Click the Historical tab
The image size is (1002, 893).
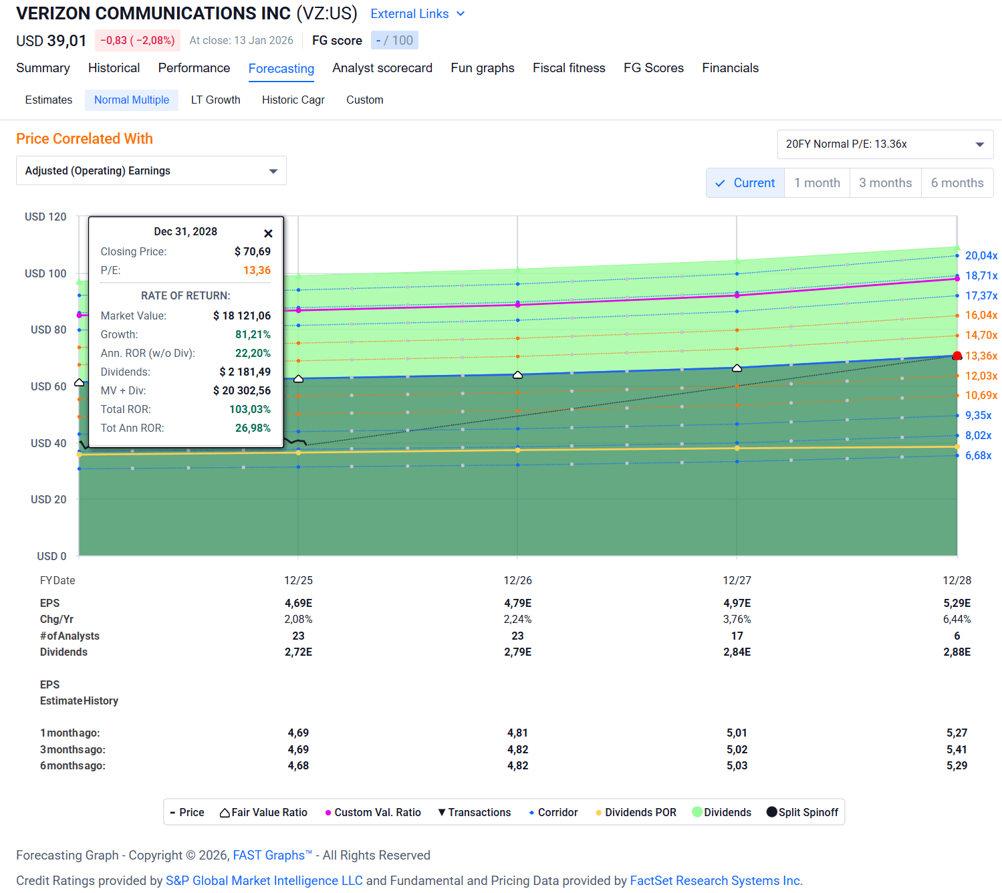pos(114,68)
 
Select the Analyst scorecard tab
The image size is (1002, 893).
pos(382,68)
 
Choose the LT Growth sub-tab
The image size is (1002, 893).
pos(216,100)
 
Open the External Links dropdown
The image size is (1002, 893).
pos(417,14)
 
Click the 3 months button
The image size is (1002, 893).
pos(885,183)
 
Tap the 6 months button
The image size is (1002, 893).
pos(957,183)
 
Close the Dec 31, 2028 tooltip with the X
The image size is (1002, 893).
pos(268,233)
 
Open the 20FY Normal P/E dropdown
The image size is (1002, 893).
pos(885,144)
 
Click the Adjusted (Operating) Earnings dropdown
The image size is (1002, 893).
pos(151,170)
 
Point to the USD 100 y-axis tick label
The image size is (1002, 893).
pos(45,273)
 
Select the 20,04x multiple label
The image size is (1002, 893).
pos(981,255)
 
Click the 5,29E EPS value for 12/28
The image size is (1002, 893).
pos(957,604)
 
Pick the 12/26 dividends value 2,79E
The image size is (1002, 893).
pos(518,652)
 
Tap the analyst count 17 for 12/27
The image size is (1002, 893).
pos(737,636)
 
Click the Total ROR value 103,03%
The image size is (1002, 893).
pos(250,410)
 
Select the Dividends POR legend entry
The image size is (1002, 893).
pos(636,812)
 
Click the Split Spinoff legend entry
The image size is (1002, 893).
pos(802,812)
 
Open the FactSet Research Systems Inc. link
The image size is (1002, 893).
pos(716,881)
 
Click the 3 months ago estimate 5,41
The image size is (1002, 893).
pos(957,749)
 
